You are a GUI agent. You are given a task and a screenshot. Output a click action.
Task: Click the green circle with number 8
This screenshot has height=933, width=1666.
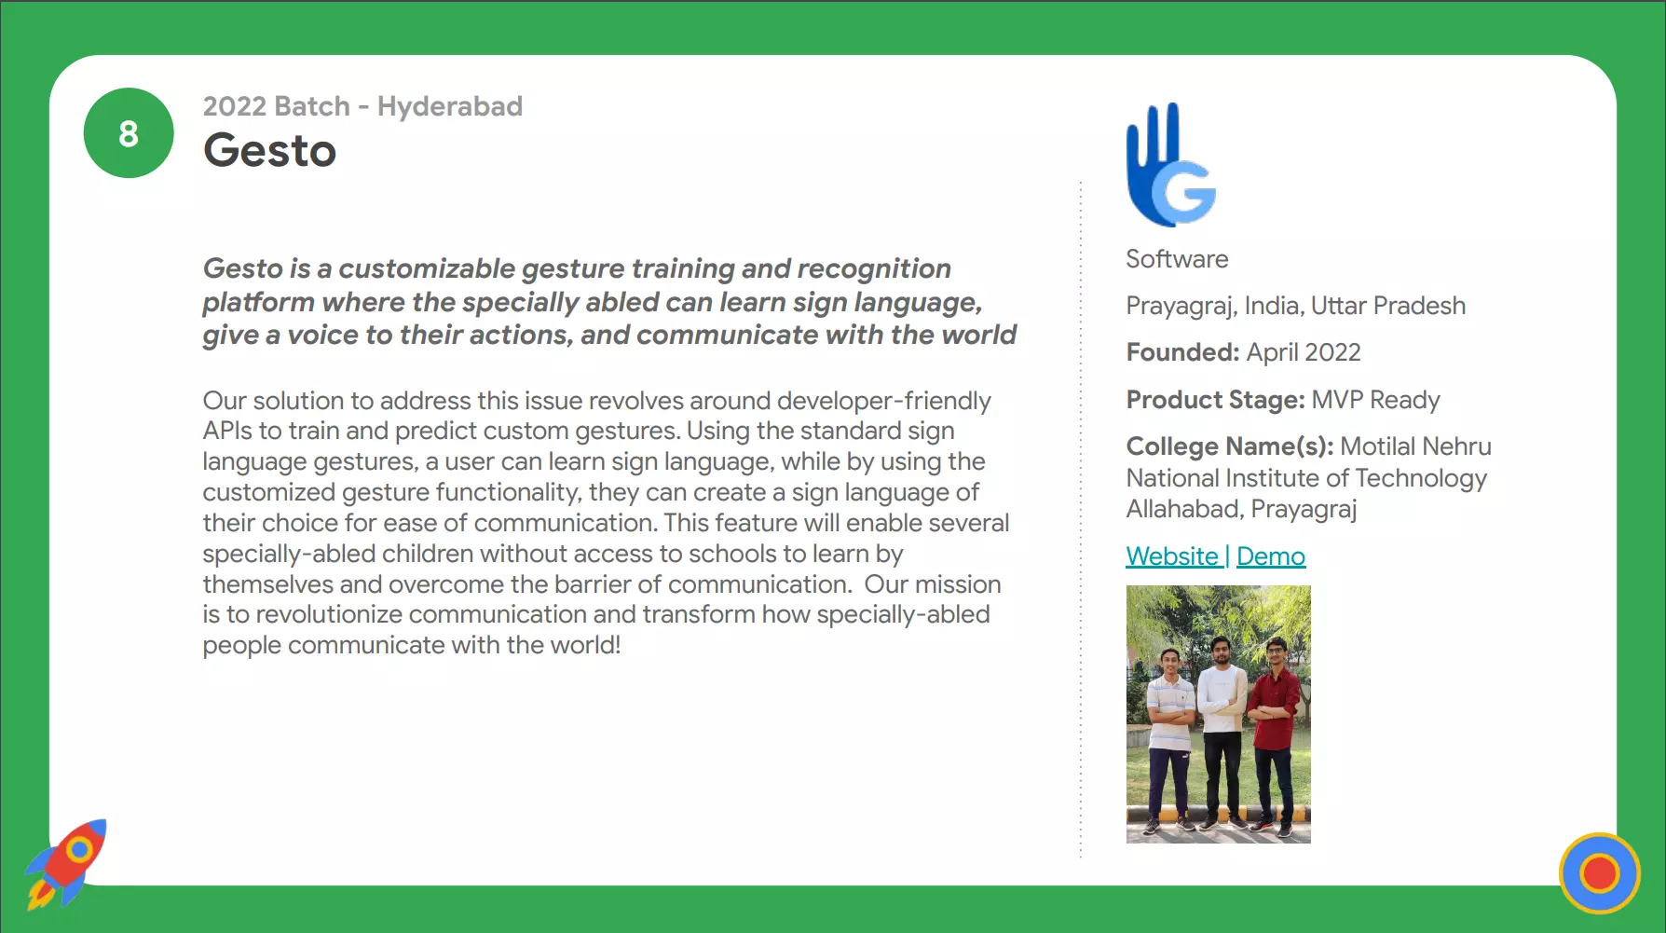(129, 133)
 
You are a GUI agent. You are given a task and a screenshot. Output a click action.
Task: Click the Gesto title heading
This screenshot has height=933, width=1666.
(269, 150)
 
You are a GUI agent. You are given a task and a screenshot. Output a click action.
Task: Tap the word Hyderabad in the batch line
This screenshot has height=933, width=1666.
(450, 106)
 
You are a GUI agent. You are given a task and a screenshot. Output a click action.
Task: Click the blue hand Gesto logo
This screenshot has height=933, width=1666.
(1171, 165)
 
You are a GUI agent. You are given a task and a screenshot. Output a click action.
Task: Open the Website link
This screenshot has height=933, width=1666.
(1172, 556)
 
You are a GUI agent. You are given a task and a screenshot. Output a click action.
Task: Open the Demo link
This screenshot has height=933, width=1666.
(1271, 556)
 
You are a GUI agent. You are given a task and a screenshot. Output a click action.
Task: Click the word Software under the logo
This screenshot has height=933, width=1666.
(1177, 259)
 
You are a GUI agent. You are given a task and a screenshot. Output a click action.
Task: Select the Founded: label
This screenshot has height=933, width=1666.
(1182, 352)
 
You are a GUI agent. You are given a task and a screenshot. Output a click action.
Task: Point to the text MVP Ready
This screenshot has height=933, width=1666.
(1375, 400)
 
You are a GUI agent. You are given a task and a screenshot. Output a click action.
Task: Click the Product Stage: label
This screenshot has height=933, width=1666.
(1215, 400)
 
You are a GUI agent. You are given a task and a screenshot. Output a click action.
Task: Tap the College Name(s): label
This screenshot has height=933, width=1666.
(1230, 446)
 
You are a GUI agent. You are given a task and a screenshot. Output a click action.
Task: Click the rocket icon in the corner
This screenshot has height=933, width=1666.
(66, 863)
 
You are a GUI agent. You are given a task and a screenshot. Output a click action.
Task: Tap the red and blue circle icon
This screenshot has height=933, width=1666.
(1600, 873)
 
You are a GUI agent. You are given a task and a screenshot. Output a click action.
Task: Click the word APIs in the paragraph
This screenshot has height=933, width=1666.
(227, 431)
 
